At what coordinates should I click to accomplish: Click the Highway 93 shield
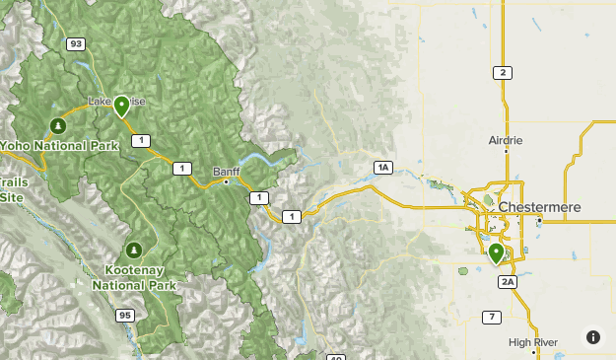(76, 43)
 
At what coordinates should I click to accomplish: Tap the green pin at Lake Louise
(122, 106)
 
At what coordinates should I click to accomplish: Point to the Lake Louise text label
(116, 102)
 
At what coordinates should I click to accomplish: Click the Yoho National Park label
(59, 146)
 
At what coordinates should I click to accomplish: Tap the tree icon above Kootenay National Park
(135, 250)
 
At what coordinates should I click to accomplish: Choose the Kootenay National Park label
(135, 277)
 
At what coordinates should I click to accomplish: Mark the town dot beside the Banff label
(227, 181)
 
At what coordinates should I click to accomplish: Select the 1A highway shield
(383, 168)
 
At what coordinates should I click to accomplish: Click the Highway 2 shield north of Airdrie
(503, 73)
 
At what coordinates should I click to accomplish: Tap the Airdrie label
(507, 140)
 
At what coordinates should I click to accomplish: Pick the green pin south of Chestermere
(496, 253)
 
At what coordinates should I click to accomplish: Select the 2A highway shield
(508, 282)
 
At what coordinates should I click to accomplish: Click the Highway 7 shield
(490, 317)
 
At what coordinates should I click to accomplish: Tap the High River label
(533, 342)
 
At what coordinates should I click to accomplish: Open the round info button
(592, 337)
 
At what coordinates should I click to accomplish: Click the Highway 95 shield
(124, 316)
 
